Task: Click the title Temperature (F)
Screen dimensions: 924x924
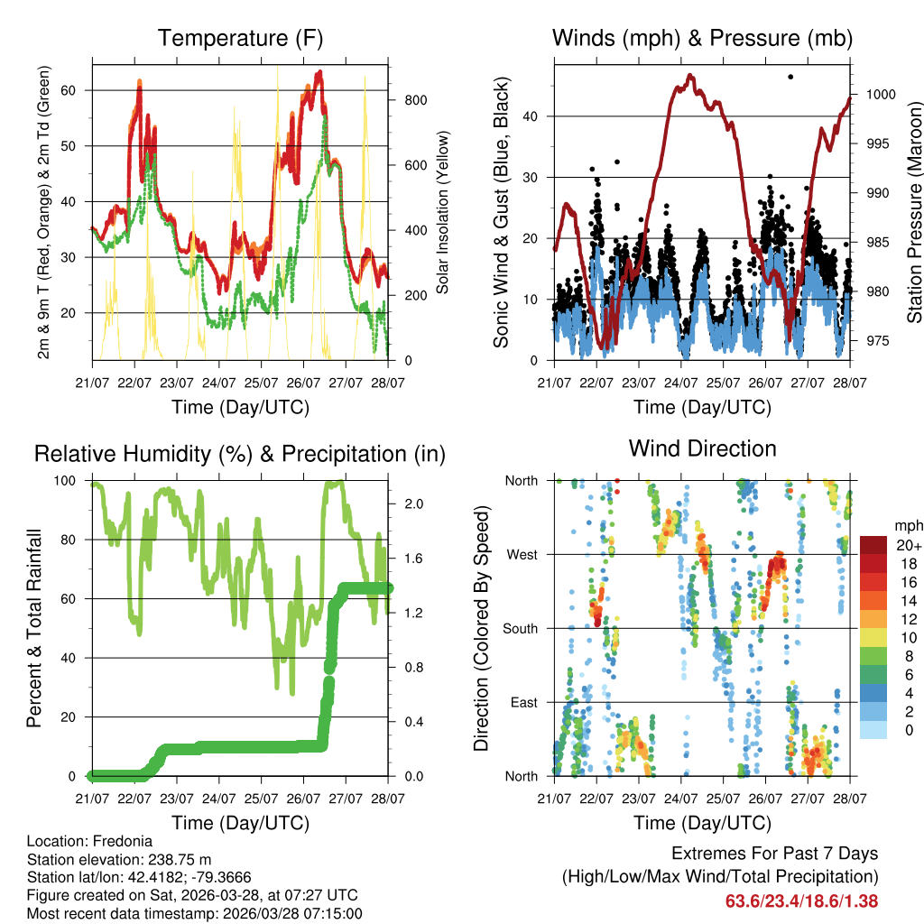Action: (x=240, y=38)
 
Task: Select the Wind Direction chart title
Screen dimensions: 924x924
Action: (x=702, y=448)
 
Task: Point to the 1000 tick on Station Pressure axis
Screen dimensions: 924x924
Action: (x=881, y=94)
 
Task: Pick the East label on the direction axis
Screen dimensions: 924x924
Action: (x=522, y=702)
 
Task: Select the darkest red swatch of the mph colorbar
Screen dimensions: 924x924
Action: (x=874, y=545)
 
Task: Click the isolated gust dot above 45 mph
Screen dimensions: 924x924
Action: (x=790, y=78)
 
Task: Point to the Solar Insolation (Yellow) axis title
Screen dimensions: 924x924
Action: (x=443, y=212)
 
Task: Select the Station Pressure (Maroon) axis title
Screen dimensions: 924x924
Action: (x=914, y=212)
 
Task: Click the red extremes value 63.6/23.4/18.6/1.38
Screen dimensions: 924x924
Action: (x=801, y=901)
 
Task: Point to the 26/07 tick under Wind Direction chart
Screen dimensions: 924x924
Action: (x=765, y=798)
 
